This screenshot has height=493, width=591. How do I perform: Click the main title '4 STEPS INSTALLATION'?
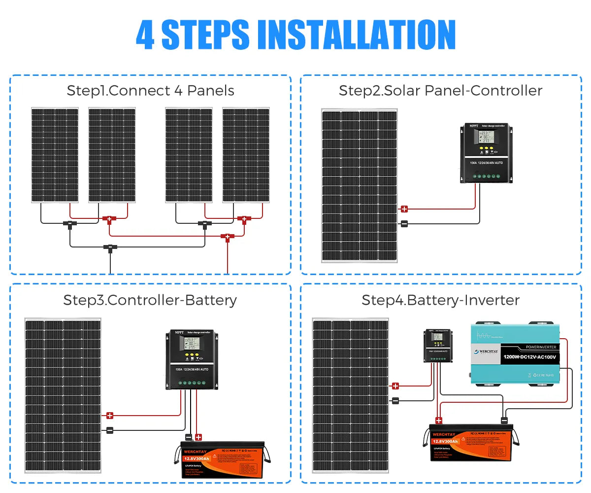click(295, 35)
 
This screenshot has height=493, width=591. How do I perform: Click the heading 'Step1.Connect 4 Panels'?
click(150, 91)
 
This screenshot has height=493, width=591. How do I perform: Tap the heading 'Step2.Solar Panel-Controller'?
click(440, 91)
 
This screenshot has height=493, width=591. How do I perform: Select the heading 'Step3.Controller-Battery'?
click(150, 300)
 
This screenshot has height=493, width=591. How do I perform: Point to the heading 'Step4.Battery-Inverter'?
click(440, 300)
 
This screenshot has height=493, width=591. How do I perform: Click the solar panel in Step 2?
click(360, 185)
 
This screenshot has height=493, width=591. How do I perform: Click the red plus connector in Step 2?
click(404, 209)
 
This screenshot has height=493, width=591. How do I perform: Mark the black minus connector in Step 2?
click(404, 224)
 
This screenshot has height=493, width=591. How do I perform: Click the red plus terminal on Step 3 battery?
click(198, 437)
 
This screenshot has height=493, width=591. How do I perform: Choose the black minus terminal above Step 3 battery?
click(188, 437)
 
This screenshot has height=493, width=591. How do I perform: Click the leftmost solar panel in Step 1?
click(55, 155)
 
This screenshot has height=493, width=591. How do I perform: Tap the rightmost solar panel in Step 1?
click(246, 155)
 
